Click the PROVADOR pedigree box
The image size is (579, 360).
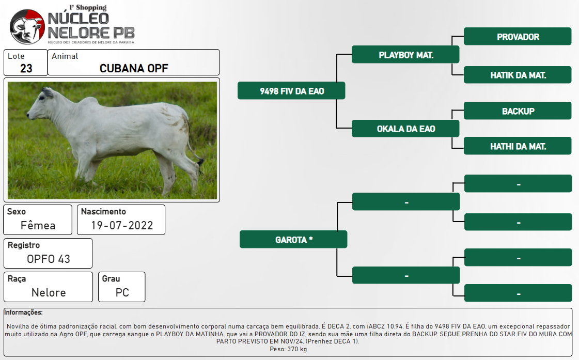tap(518, 37)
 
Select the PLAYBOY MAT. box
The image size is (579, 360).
tap(405, 55)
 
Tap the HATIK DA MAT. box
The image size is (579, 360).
tap(518, 75)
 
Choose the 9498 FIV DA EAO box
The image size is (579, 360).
tap(291, 91)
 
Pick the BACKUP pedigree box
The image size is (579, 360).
tap(518, 111)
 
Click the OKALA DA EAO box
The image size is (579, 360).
tap(405, 129)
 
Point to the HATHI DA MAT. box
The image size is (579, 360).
tap(518, 146)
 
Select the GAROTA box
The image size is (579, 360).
tap(293, 240)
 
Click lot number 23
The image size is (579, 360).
tap(26, 68)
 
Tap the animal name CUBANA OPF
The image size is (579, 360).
tap(134, 68)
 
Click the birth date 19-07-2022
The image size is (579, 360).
tap(122, 225)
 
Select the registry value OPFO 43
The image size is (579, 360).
tap(49, 259)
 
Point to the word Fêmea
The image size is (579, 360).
tap(38, 225)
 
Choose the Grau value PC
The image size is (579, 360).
tap(122, 292)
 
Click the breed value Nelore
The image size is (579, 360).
tap(49, 292)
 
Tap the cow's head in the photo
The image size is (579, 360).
tap(41, 104)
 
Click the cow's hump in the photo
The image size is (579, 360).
tap(89, 103)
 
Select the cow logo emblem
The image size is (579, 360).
tap(27, 26)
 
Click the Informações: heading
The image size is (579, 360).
tap(23, 312)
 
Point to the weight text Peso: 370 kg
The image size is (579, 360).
tap(288, 349)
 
